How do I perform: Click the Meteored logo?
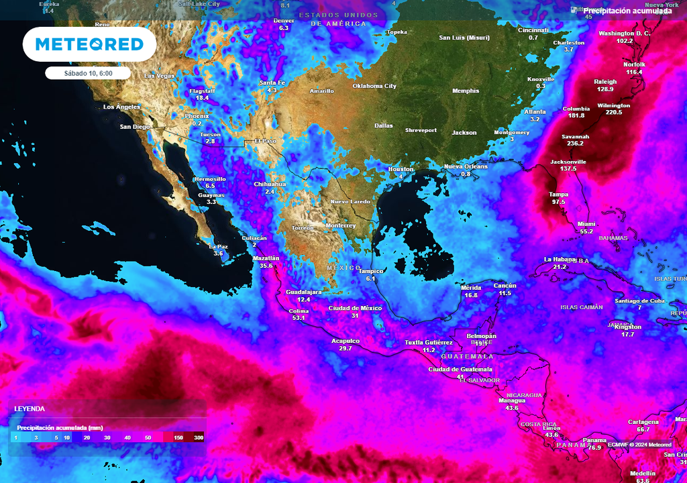[x=89, y=44]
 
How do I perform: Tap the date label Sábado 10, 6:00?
[x=87, y=72]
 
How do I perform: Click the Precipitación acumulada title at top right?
[x=627, y=11]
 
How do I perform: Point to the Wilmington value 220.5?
[x=613, y=112]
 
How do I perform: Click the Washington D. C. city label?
[x=625, y=33]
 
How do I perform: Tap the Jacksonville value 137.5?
[x=568, y=168]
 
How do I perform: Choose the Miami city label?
[x=586, y=224]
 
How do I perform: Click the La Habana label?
[x=560, y=259]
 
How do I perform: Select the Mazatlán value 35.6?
[x=266, y=266]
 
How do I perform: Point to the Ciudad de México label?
[x=355, y=308]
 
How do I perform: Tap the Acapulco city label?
[x=346, y=341]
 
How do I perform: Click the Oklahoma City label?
[x=374, y=86]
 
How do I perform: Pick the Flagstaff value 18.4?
[x=202, y=98]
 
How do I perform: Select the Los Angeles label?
[x=121, y=107]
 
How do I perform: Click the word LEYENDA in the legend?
[x=30, y=408]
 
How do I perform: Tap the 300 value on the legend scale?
[x=199, y=437]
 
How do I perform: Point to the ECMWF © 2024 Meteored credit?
[x=639, y=444]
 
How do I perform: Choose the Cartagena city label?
[x=643, y=421]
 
